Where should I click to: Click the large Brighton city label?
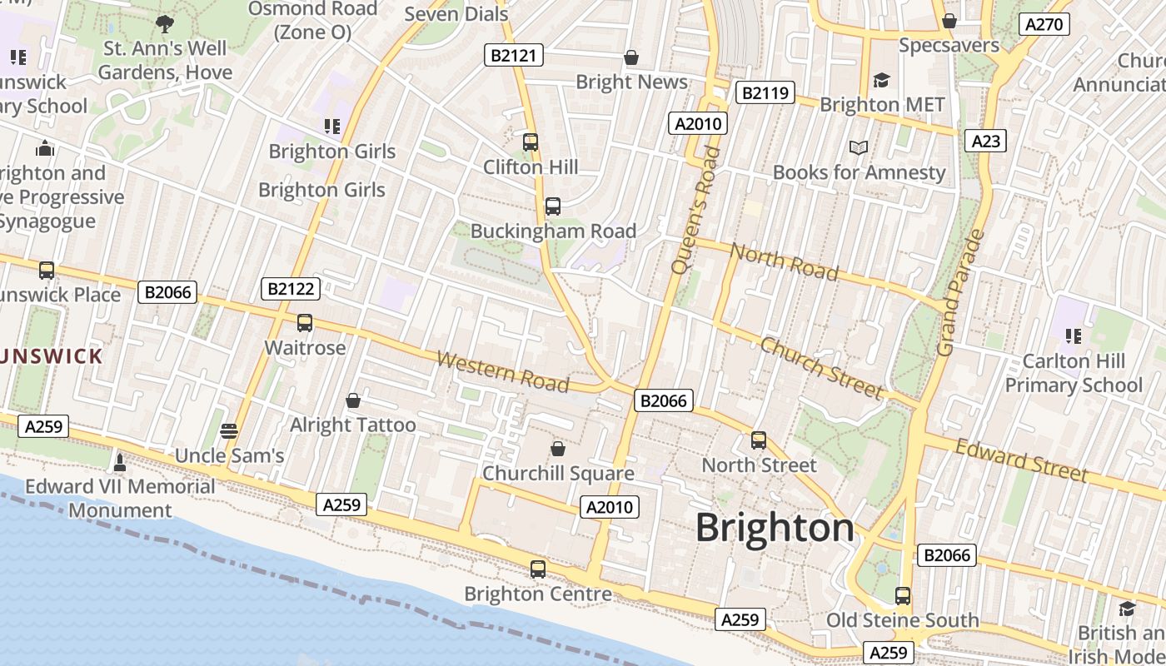[x=775, y=528]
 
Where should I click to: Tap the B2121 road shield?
[x=514, y=56]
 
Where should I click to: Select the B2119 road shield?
[x=765, y=92]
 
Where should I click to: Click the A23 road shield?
[x=985, y=141]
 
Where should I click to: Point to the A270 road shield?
[x=1044, y=24]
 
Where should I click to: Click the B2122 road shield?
[x=290, y=289]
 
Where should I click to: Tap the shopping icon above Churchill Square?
[x=558, y=449]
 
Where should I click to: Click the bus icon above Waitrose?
[x=305, y=323]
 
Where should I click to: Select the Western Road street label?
[x=502, y=372]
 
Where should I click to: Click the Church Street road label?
[x=821, y=367]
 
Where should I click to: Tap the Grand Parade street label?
[x=960, y=292]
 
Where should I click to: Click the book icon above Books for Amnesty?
[x=859, y=147]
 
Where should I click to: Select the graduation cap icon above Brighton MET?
[x=881, y=80]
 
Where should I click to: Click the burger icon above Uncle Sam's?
[x=229, y=430]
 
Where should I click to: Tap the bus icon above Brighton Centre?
[x=538, y=569]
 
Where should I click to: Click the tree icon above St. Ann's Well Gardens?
[x=165, y=23]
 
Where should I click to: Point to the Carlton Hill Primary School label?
[x=1073, y=373]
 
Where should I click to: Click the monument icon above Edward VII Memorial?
[x=119, y=461]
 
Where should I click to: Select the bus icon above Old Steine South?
[x=903, y=596]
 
